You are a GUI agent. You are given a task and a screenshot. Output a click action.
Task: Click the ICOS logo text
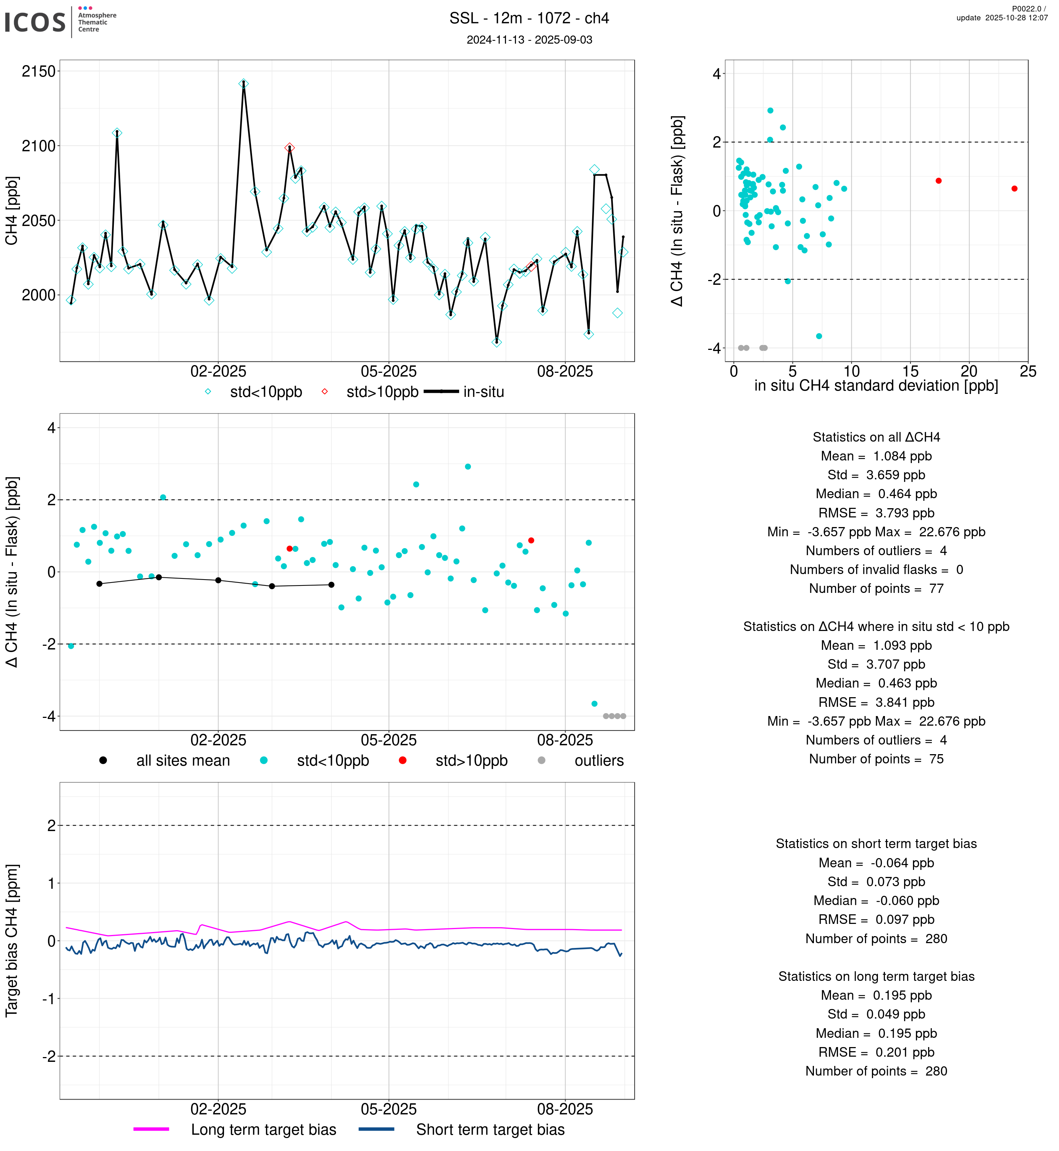pyautogui.click(x=35, y=22)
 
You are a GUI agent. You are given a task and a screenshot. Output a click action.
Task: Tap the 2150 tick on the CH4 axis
pyautogui.click(x=38, y=72)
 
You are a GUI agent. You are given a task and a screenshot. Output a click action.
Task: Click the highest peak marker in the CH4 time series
pyautogui.click(x=244, y=84)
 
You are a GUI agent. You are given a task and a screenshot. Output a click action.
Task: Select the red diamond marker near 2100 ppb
pyautogui.click(x=289, y=148)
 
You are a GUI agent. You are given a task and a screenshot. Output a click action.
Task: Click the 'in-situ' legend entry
pyautogui.click(x=483, y=392)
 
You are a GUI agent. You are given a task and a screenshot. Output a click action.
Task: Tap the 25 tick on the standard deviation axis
pyautogui.click(x=1028, y=372)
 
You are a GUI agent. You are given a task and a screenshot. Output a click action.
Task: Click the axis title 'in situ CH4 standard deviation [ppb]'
pyautogui.click(x=876, y=386)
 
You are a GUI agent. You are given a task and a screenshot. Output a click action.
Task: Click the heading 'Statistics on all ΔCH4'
pyautogui.click(x=876, y=437)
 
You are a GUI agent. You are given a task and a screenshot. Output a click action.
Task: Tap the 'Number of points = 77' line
pyautogui.click(x=876, y=588)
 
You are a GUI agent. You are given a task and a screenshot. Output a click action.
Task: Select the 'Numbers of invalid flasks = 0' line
pyautogui.click(x=876, y=570)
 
